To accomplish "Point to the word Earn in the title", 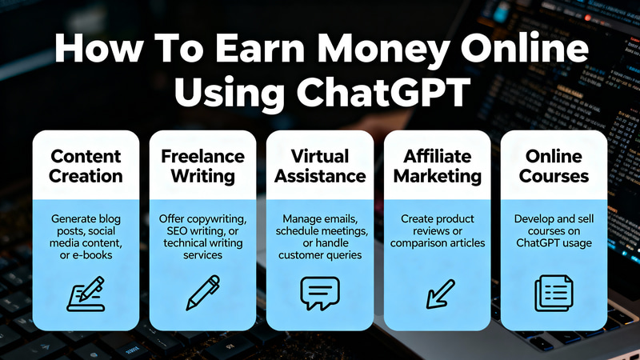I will (258, 51).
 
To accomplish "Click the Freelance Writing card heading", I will (202, 166).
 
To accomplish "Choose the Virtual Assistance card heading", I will (320, 166).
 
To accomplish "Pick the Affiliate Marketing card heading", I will (437, 166).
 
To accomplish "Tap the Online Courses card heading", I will (554, 166).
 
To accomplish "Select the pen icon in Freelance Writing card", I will (202, 293).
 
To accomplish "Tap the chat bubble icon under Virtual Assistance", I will (319, 293).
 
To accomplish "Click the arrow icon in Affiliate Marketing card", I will (439, 293).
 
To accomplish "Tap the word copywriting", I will (217, 218).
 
